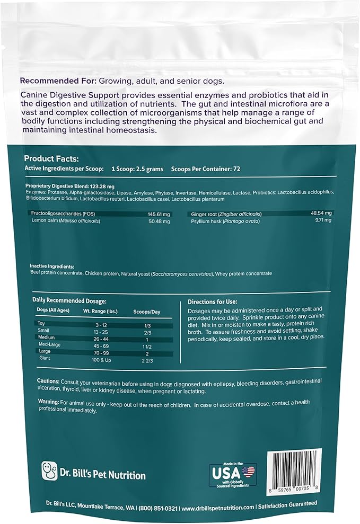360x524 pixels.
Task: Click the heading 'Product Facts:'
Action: (51, 158)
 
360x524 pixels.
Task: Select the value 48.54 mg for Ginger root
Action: (321, 214)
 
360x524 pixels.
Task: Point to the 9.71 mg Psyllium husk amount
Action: (322, 220)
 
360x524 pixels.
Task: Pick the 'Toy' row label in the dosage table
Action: (41, 323)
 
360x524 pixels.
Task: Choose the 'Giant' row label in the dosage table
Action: (44, 358)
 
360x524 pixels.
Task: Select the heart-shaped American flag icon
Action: (248, 470)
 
